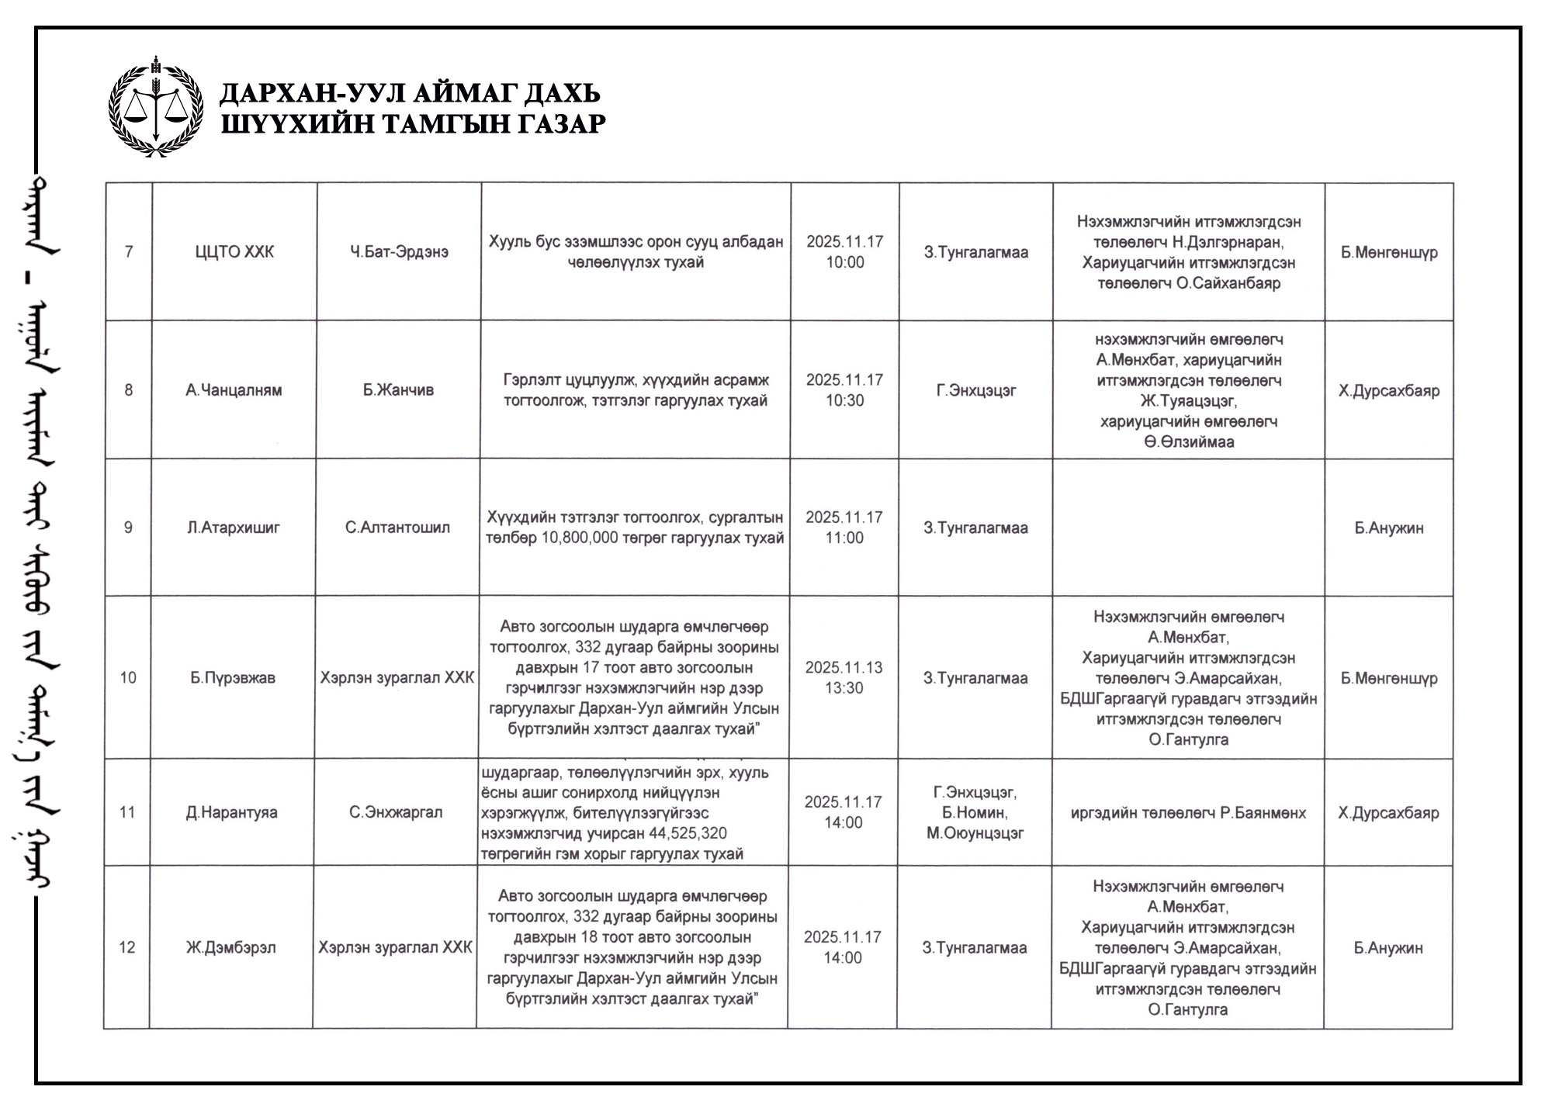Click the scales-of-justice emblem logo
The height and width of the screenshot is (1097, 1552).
point(155,107)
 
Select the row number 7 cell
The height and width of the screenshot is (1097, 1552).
point(129,252)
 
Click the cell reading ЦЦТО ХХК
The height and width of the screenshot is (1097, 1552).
point(234,252)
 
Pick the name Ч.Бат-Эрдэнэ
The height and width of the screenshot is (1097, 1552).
point(399,252)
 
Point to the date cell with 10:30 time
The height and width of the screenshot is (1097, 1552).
point(844,390)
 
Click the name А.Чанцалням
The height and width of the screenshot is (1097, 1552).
point(234,390)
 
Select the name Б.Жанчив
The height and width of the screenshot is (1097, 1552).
point(398,390)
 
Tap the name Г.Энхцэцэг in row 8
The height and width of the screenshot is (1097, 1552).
point(975,390)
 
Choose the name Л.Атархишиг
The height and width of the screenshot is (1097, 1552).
point(234,528)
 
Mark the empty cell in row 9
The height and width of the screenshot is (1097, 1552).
point(1188,528)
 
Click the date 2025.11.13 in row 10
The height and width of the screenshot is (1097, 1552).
point(844,668)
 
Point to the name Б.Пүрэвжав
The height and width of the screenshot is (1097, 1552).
point(233,678)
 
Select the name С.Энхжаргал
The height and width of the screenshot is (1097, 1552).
point(396,813)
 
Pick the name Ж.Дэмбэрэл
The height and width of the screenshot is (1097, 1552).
point(231,948)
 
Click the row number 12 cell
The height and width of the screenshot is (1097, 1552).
point(127,948)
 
